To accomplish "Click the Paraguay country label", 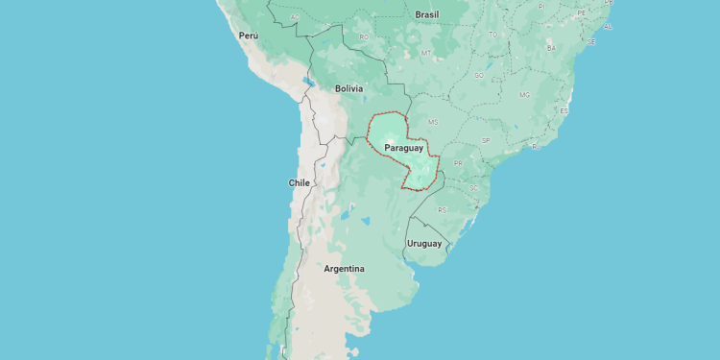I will pyautogui.click(x=403, y=148).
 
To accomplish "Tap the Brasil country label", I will pyautogui.click(x=426, y=14).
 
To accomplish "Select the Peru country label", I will pyautogui.click(x=249, y=36).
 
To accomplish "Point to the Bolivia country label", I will pyautogui.click(x=348, y=88).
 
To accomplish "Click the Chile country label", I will pyautogui.click(x=299, y=182).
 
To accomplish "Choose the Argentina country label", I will pyautogui.click(x=344, y=269).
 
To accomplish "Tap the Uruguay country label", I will pyautogui.click(x=424, y=244).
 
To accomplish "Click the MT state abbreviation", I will pyautogui.click(x=425, y=54).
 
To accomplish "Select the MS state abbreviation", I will pyautogui.click(x=433, y=123).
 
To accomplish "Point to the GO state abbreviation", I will pyautogui.click(x=478, y=75).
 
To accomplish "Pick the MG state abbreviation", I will pyautogui.click(x=524, y=95).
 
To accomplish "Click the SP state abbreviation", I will pyautogui.click(x=486, y=140).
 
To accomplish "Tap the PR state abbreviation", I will pyautogui.click(x=458, y=164).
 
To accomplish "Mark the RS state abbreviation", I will pyautogui.click(x=443, y=209).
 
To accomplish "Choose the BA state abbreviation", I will pyautogui.click(x=551, y=47).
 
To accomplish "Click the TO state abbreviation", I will pyautogui.click(x=493, y=35).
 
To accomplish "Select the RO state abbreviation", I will pyautogui.click(x=364, y=36).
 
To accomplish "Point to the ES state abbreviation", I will pyautogui.click(x=564, y=111).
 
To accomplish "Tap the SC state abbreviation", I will pyautogui.click(x=473, y=188).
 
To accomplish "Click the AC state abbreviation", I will pyautogui.click(x=295, y=17).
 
